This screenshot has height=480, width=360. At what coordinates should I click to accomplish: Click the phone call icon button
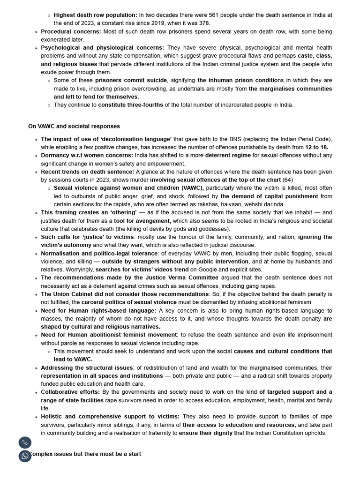pos(25,442)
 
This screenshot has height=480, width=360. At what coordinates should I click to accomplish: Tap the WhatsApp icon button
pos(25,456)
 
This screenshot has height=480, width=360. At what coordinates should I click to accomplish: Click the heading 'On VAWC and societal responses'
pos(74,126)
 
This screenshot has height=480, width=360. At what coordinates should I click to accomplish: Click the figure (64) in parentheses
pos(287,180)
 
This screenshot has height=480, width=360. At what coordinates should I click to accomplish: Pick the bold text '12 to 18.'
pos(317,147)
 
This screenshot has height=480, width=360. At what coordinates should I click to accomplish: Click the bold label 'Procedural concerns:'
pos(71,31)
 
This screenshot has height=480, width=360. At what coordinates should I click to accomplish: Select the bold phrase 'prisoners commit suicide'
pos(131,80)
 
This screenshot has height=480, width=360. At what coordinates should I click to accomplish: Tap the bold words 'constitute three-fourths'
pos(130,105)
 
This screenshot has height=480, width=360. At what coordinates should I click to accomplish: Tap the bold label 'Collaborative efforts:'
pos(70,392)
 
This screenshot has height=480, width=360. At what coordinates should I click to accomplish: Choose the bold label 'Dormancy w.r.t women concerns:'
pos(87,155)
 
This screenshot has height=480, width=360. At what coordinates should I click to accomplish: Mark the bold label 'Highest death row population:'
pos(96,15)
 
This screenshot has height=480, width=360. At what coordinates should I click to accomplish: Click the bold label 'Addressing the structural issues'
pos(87,367)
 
